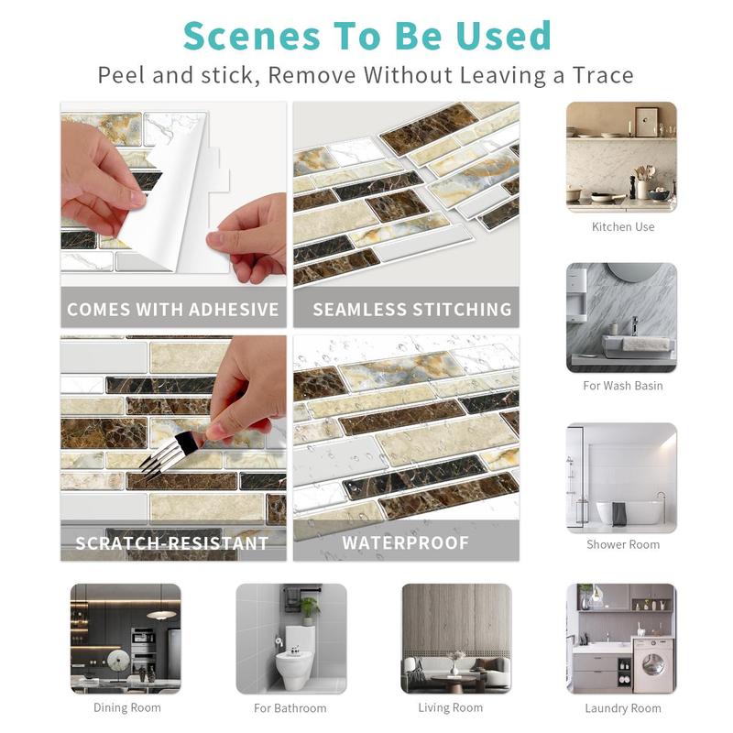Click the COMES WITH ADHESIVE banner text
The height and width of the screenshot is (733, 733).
click(173, 310)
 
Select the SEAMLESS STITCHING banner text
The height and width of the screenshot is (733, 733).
click(412, 310)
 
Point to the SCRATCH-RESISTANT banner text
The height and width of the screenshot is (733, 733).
click(172, 543)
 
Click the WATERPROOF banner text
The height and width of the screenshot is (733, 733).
click(405, 543)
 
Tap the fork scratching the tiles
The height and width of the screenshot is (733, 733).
click(170, 454)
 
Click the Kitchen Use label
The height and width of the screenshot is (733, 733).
click(623, 226)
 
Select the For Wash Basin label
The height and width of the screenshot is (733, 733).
click(623, 386)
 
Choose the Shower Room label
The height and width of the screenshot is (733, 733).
click(623, 544)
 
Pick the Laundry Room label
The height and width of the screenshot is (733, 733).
click(623, 708)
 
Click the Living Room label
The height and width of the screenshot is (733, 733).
click(451, 708)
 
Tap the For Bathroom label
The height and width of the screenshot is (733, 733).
click(290, 708)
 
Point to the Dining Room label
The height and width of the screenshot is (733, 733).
click(127, 708)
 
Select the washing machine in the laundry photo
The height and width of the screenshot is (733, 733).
click(652, 665)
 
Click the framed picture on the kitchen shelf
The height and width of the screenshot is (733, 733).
click(647, 121)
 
